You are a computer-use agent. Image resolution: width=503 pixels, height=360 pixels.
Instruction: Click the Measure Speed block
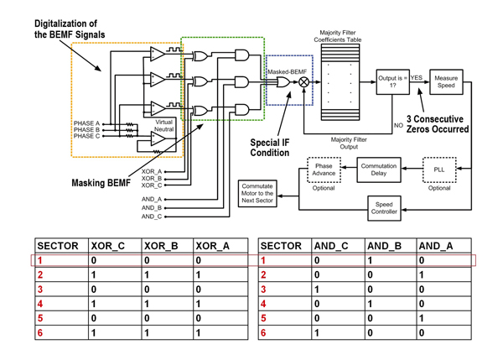coord(446,82)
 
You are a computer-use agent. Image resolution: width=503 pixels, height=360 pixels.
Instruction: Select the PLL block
coord(439,169)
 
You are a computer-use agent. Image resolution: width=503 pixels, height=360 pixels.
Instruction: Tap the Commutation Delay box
coord(379,170)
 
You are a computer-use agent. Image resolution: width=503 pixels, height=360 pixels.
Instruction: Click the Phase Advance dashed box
coord(324,170)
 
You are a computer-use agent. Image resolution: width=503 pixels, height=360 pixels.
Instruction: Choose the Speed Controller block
coord(384,208)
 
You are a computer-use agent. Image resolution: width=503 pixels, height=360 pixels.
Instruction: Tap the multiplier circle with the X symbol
coord(304,82)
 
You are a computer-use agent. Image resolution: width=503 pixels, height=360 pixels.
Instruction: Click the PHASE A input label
coord(86,123)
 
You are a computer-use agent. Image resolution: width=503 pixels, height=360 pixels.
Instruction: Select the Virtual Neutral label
coord(163,126)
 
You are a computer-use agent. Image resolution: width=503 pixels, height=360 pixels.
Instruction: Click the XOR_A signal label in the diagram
coord(151,171)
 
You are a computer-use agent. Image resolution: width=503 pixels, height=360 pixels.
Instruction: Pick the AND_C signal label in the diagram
coord(151,217)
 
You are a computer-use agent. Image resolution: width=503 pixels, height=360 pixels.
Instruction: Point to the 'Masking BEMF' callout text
coord(101,182)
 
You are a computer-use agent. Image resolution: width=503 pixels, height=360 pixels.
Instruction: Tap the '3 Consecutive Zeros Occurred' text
coord(437,124)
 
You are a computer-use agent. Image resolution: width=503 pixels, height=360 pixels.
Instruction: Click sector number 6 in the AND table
coord(263,333)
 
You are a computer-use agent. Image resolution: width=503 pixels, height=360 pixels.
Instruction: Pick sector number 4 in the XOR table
coord(39,303)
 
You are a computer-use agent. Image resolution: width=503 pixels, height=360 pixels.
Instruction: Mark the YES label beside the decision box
coord(417,77)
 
